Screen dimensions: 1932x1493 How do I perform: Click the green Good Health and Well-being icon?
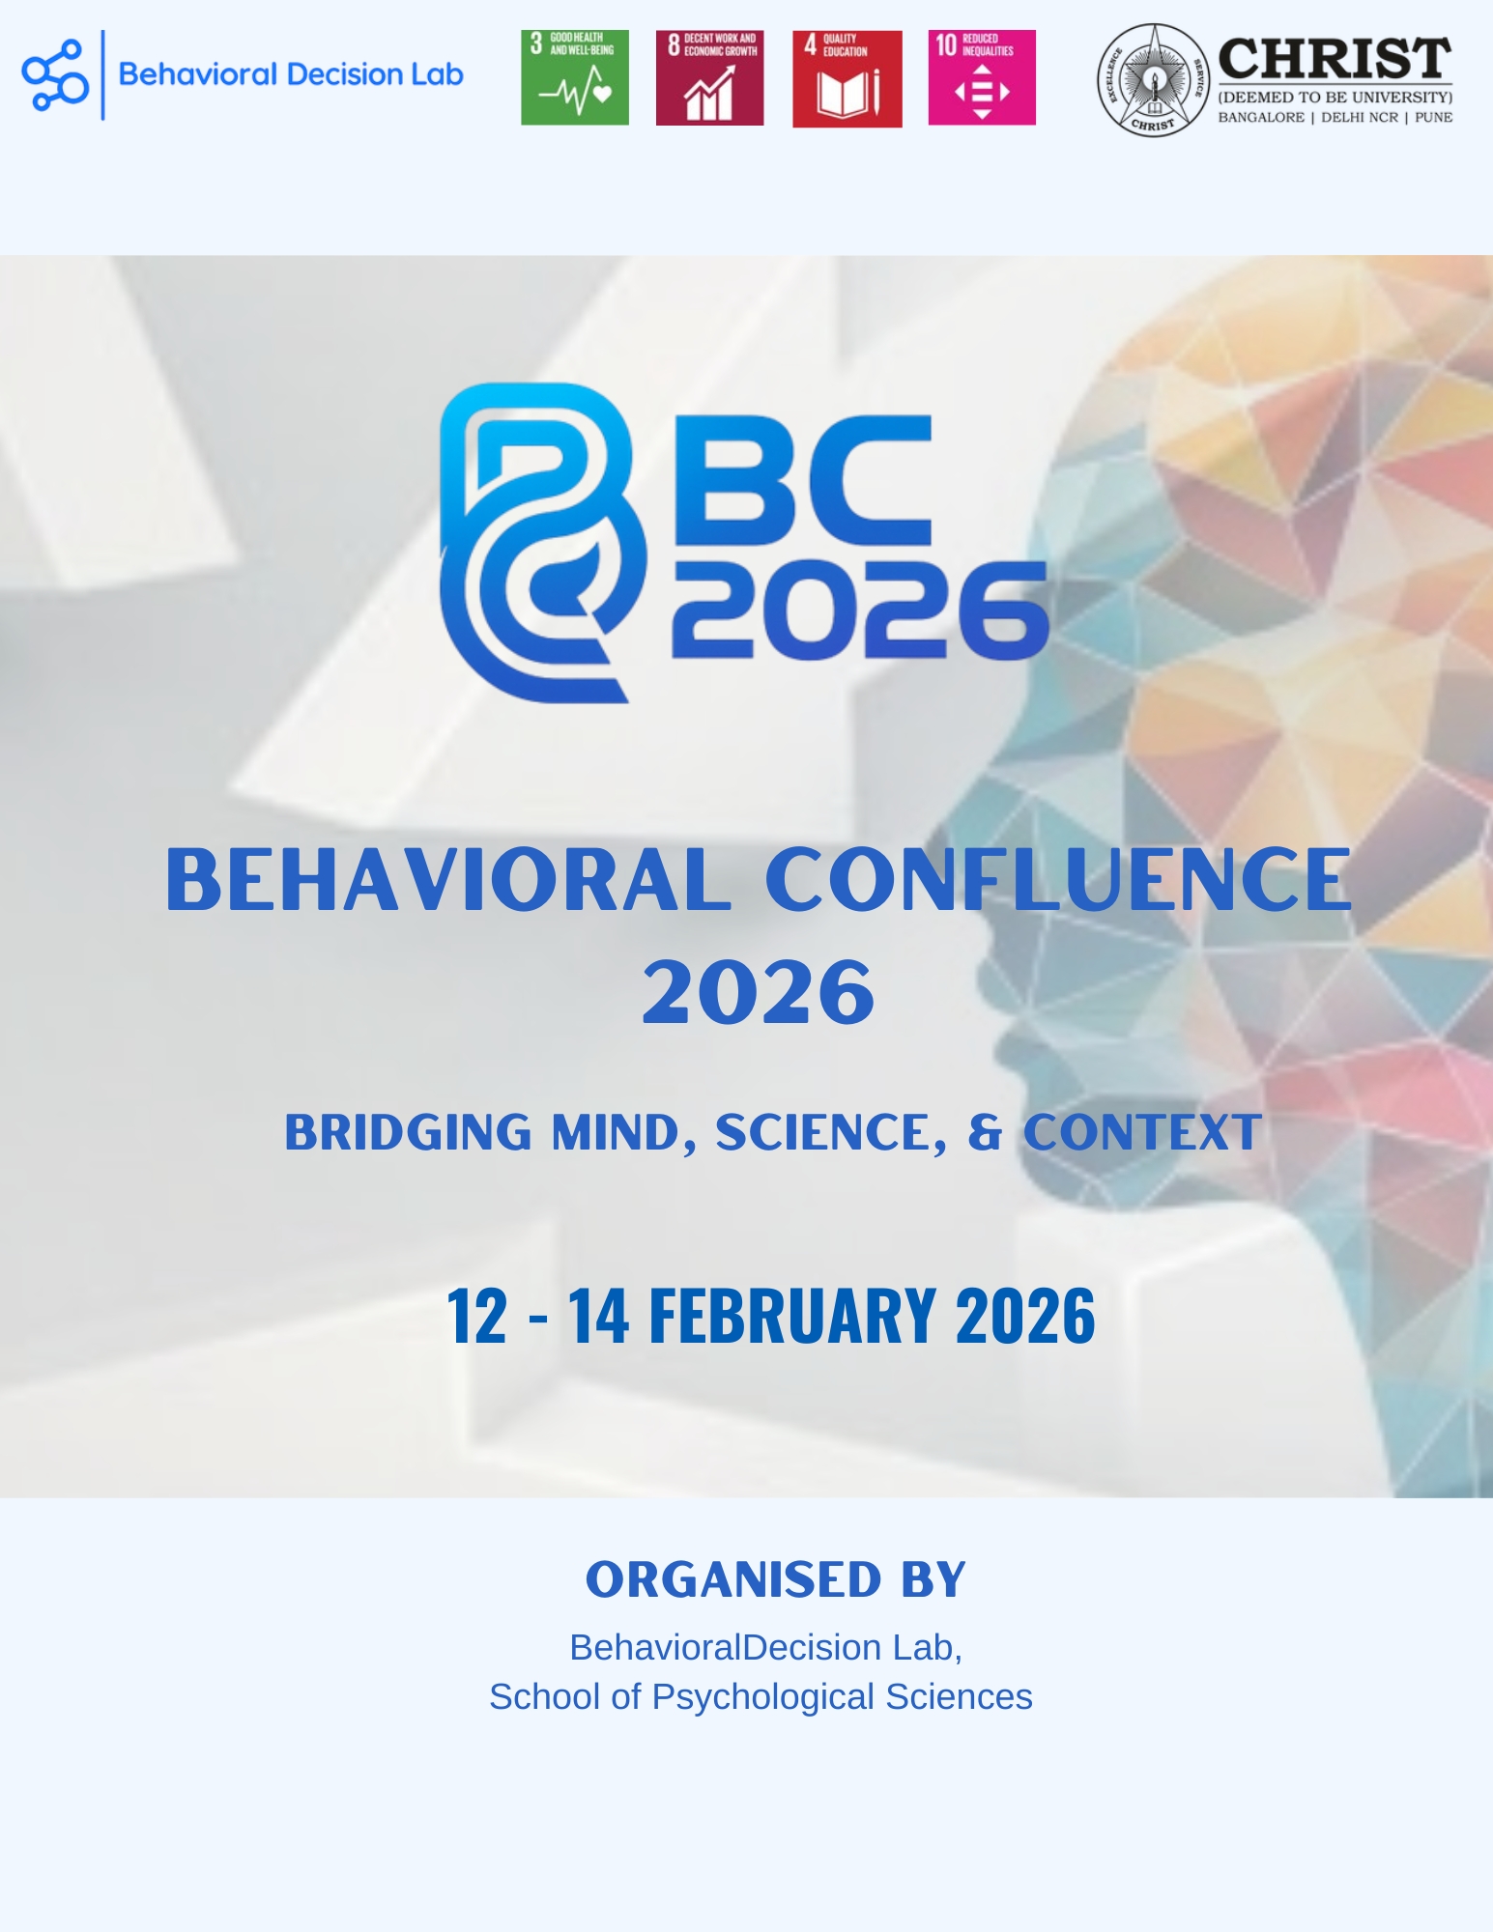click(575, 77)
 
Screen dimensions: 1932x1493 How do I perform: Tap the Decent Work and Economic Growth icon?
click(709, 77)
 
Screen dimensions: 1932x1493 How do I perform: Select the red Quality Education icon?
click(847, 78)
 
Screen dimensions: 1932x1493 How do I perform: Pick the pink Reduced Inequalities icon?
click(982, 77)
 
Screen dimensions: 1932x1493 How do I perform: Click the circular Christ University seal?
click(1152, 80)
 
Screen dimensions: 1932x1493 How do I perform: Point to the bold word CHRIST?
click(1335, 60)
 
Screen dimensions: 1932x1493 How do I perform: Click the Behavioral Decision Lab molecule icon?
click(55, 75)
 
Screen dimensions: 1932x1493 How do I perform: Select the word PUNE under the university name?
click(1433, 118)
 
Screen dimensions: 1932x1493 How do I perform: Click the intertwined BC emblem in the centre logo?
click(541, 541)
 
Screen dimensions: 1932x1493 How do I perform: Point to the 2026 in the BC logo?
click(860, 611)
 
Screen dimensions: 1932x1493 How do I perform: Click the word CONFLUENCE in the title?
click(1059, 879)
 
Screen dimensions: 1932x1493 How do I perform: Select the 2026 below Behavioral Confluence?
click(759, 992)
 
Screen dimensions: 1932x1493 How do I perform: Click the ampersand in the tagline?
click(985, 1131)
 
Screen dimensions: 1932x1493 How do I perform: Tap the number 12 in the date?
click(476, 1316)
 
